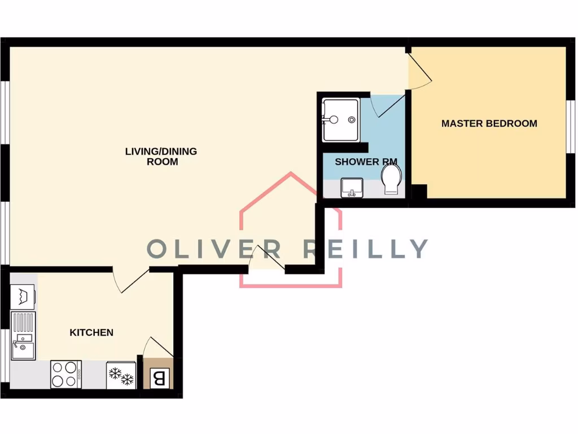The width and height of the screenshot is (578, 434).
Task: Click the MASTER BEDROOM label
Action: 489,123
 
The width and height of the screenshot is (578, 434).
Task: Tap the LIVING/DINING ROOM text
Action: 161,157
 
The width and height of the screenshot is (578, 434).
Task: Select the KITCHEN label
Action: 91,332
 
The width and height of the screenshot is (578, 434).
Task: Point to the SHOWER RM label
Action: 366,162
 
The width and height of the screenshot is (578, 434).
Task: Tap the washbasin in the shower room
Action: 352,187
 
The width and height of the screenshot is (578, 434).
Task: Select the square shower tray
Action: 340,120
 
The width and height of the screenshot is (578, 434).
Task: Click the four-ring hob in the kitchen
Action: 66,374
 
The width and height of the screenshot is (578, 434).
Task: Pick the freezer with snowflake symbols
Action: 121,375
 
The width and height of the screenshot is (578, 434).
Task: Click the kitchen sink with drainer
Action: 23,336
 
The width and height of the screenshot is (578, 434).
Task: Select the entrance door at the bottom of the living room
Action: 268,258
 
